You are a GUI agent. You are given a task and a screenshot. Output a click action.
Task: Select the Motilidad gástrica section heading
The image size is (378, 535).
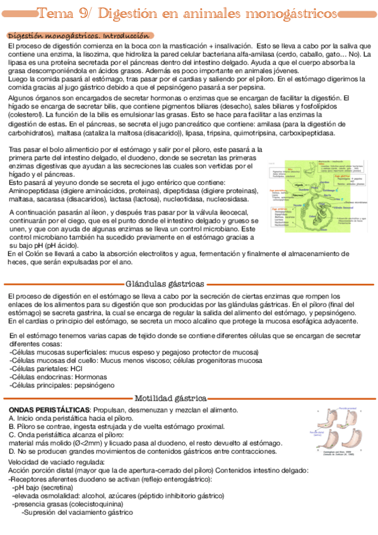pos(170,398)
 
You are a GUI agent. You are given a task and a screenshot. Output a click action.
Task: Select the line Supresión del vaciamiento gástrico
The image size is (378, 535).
pos(77,512)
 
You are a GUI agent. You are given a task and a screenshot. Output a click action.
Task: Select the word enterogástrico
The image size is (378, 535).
pos(182,479)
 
